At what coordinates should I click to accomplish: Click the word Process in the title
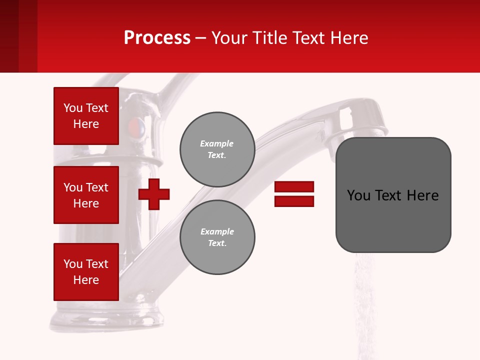pyautogui.click(x=157, y=38)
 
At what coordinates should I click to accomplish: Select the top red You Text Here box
pyautogui.click(x=86, y=116)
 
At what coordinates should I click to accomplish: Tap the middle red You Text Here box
pyautogui.click(x=86, y=195)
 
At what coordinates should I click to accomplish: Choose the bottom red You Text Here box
pyautogui.click(x=86, y=272)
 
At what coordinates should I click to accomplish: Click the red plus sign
pyautogui.click(x=154, y=194)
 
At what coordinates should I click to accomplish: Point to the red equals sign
pyautogui.click(x=294, y=194)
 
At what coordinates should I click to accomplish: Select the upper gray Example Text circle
pyautogui.click(x=217, y=149)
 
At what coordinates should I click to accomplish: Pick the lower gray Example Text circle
pyautogui.click(x=217, y=237)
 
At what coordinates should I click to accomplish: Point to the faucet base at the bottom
pyautogui.click(x=107, y=320)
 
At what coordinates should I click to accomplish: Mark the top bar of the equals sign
pyautogui.click(x=294, y=186)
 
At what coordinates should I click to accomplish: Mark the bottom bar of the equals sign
pyautogui.click(x=294, y=201)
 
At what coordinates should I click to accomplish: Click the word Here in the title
pyautogui.click(x=349, y=38)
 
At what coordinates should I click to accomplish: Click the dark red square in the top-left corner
pyautogui.click(x=18, y=36)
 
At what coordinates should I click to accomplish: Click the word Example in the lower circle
pyautogui.click(x=217, y=231)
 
